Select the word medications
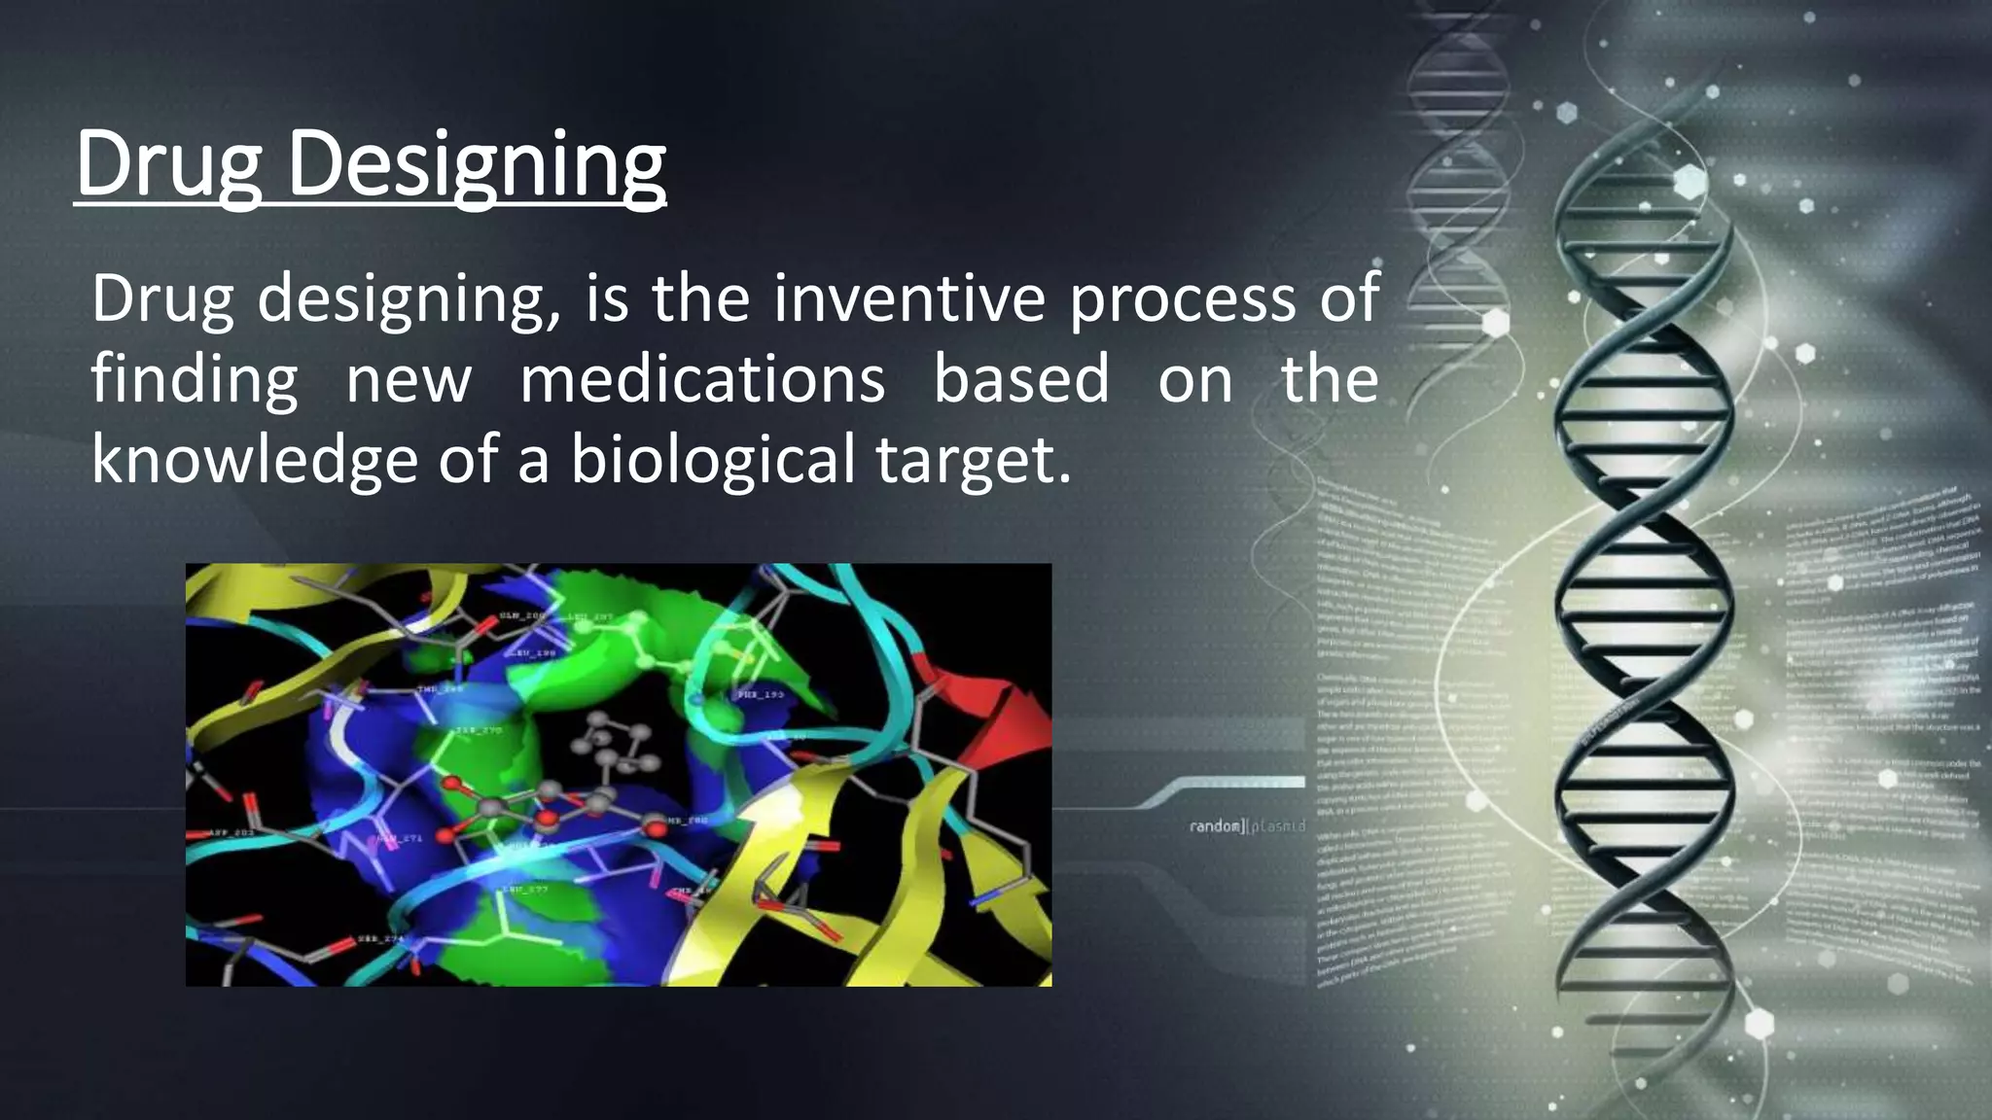coord(702,379)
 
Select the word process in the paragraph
coord(1183,300)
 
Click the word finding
coord(195,379)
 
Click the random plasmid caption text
coord(1246,826)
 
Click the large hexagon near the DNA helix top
coord(1690,183)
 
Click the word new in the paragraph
coord(409,380)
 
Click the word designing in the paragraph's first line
coord(409,300)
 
